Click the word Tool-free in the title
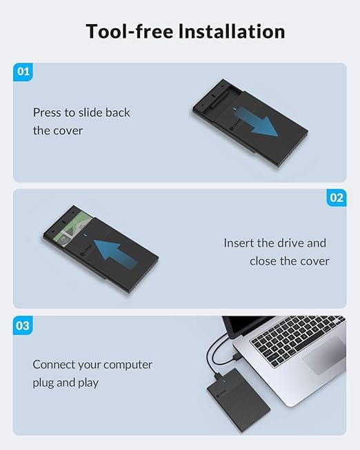click(130, 31)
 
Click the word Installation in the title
click(232, 31)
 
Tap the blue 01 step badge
click(23, 72)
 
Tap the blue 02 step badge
click(337, 198)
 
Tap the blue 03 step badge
click(23, 325)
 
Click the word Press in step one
click(47, 112)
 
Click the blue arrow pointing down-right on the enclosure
click(257, 123)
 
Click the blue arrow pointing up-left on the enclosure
click(115, 254)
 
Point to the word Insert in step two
click(239, 243)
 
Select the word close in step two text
click(263, 261)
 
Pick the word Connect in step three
click(54, 365)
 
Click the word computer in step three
click(128, 365)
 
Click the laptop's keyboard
click(297, 340)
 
